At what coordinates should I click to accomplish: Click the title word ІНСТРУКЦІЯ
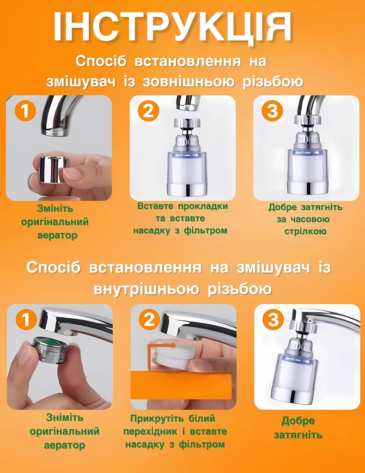pos(173,28)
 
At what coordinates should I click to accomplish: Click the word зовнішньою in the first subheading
pos(189,82)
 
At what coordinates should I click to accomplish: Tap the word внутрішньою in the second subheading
pos(146,289)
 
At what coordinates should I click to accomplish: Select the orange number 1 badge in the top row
pos(25,110)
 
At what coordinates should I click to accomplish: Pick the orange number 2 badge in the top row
pos(148,110)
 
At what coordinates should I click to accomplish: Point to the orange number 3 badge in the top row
pos(273,110)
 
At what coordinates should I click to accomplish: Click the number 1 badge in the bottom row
pos(26,319)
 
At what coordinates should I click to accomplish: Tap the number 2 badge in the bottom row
pos(149,319)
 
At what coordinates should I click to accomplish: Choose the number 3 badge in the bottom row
pos(274,319)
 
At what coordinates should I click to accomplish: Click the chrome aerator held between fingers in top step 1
pos(55,169)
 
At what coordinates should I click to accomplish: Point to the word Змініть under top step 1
pos(55,208)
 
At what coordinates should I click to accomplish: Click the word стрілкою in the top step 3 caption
pos(305,232)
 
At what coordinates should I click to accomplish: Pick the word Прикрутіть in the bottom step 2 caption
pos(157,418)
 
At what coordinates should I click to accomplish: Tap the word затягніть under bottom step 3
pos(298,435)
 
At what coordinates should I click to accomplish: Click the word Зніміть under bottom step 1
pos(65,418)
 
